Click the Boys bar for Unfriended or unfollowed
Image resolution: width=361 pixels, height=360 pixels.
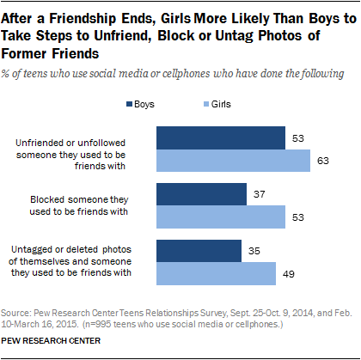220,138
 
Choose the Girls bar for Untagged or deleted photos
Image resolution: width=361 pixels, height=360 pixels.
215,272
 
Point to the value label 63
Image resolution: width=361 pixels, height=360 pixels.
322,160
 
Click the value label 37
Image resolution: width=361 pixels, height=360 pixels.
258,194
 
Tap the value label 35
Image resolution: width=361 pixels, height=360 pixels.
253,251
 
